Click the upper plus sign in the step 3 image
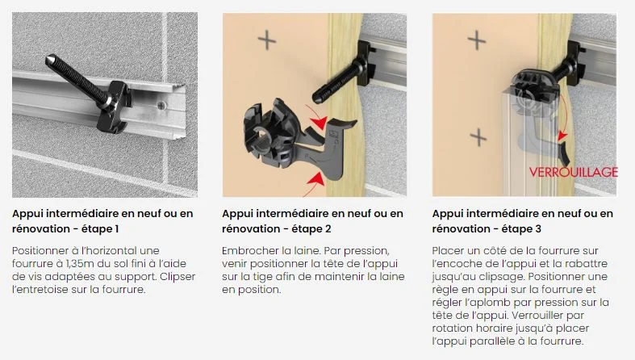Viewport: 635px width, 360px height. [478, 39]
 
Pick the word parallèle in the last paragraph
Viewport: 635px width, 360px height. [499, 341]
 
